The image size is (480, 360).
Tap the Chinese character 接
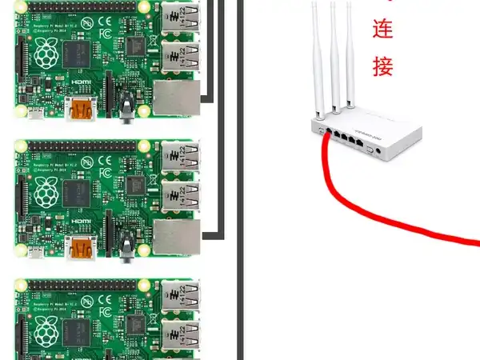coord(383,66)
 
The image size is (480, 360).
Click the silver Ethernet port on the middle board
coord(175,237)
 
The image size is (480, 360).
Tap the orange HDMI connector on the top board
coord(82,110)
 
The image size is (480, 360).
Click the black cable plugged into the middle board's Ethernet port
coord(211,236)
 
